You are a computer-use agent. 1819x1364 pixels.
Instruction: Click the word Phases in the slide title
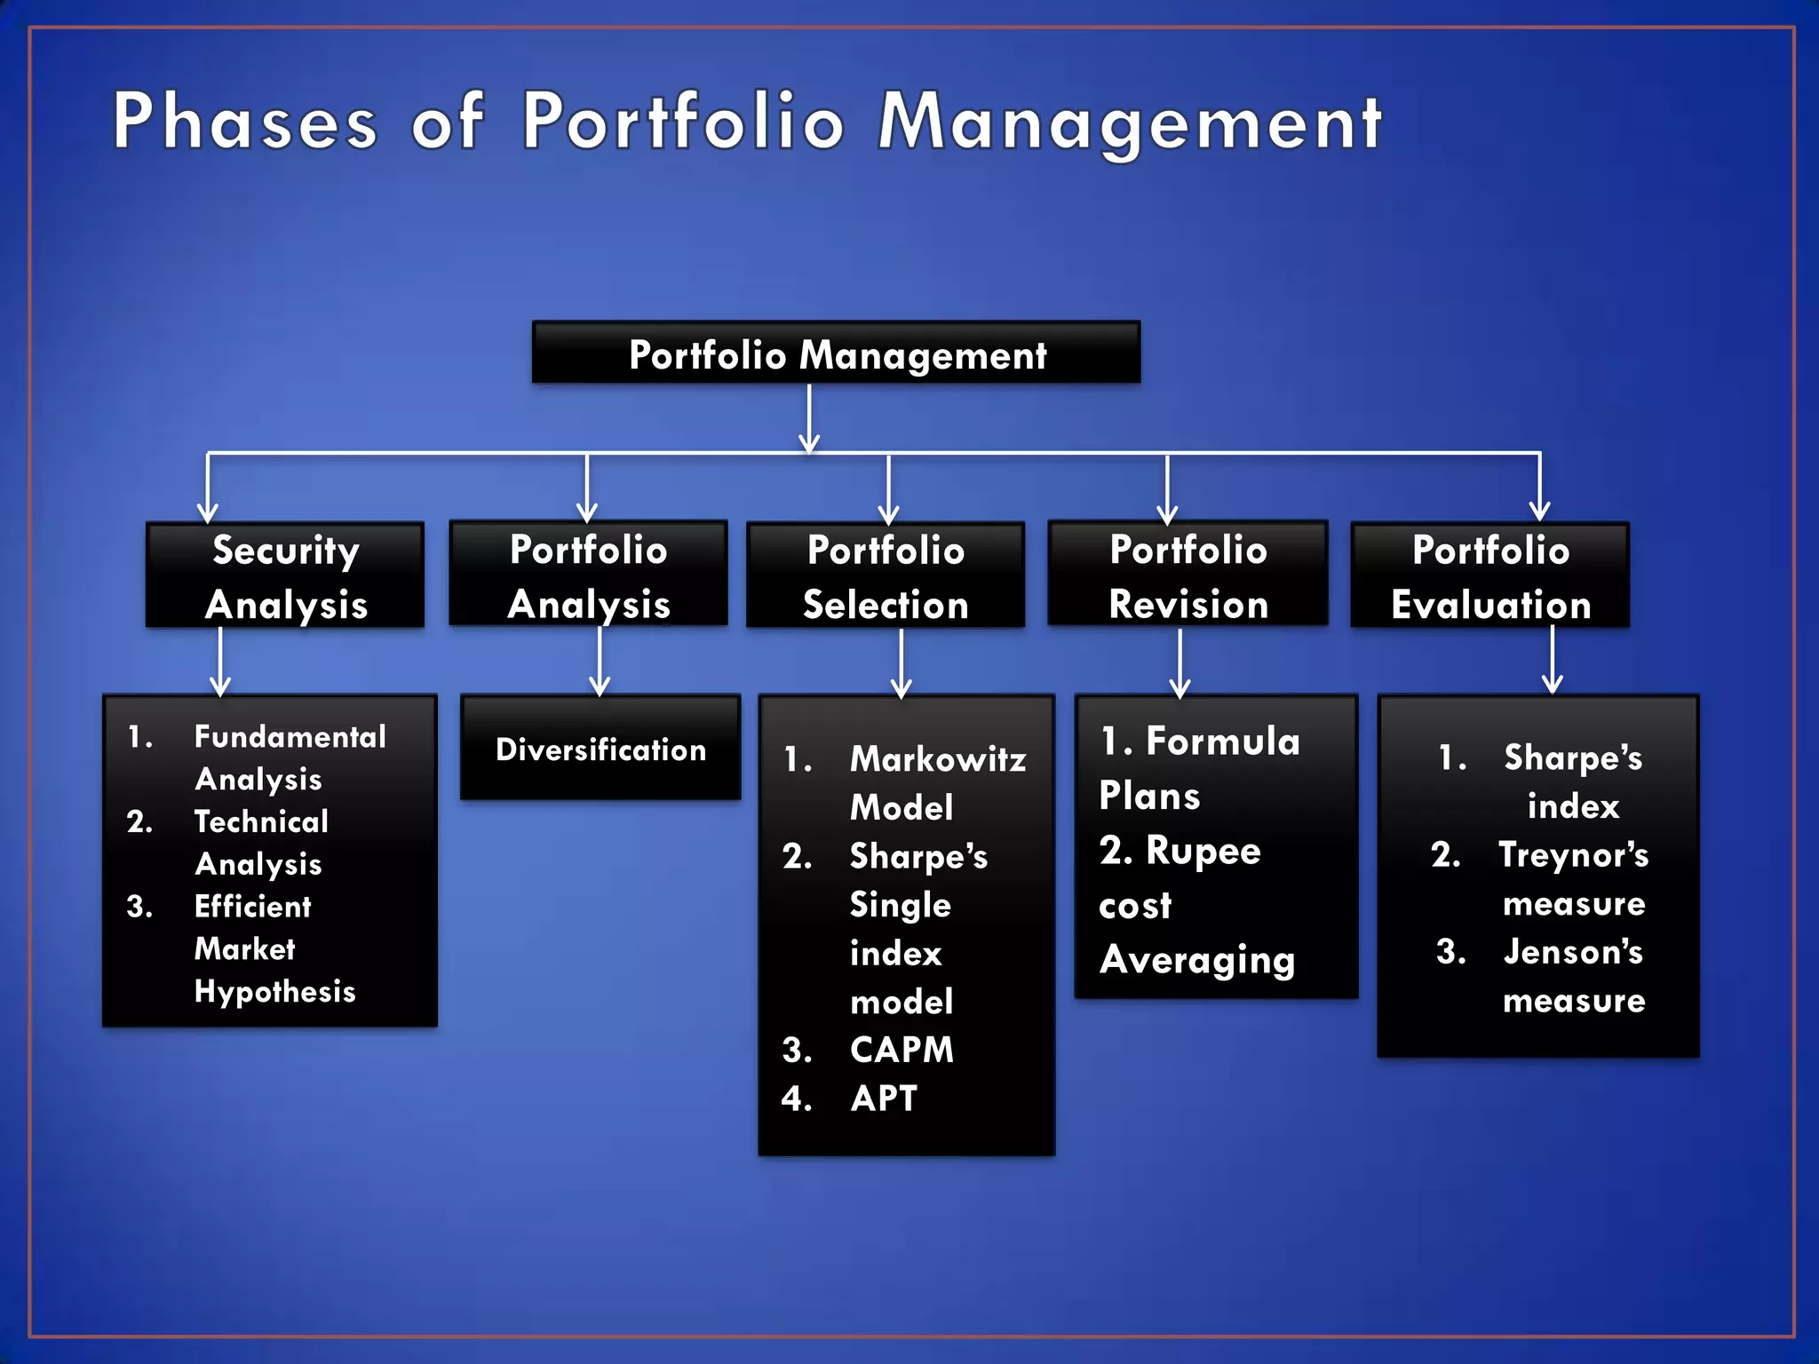click(x=245, y=122)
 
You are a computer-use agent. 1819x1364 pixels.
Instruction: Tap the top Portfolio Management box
click(x=836, y=353)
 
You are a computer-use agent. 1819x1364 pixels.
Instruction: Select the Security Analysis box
click(x=285, y=575)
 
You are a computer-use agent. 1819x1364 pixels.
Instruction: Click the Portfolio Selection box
click(x=885, y=575)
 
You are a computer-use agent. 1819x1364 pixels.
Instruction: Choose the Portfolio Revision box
click(x=1188, y=575)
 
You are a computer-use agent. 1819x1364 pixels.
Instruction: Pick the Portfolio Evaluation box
click(x=1489, y=575)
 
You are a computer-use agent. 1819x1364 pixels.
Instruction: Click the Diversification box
click(x=600, y=749)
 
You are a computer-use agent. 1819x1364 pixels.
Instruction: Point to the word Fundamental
click(x=290, y=736)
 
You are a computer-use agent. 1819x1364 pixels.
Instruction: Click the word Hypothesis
click(x=274, y=991)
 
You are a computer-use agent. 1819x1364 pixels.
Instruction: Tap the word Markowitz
click(x=937, y=759)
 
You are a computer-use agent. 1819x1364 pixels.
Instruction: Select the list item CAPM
click(x=901, y=1050)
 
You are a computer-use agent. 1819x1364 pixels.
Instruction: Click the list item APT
click(x=883, y=1098)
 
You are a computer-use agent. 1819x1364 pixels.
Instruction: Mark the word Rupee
click(x=1203, y=851)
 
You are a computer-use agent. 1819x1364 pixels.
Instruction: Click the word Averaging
click(x=1196, y=960)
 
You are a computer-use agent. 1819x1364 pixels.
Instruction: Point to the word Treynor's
click(x=1573, y=855)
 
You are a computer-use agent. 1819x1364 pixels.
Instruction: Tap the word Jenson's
click(x=1573, y=952)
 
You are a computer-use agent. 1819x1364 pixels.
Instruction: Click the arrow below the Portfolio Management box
click(x=808, y=417)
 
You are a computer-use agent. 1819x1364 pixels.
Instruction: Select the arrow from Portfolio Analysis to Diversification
click(x=600, y=661)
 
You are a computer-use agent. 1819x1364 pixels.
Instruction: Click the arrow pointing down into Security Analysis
click(x=208, y=488)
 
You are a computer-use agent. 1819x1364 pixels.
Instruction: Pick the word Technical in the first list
click(x=261, y=821)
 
